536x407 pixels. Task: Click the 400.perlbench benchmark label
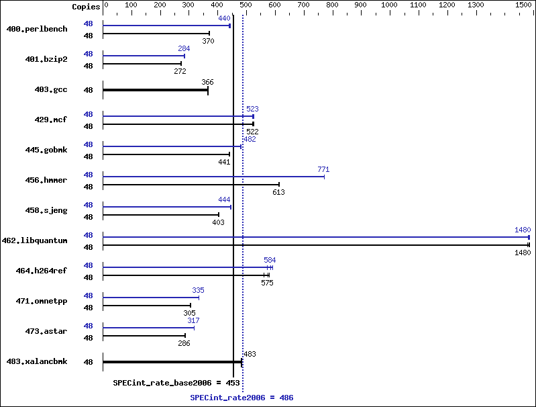click(37, 29)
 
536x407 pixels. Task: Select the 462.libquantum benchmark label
click(34, 240)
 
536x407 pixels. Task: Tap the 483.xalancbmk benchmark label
click(37, 361)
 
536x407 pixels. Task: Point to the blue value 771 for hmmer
click(323, 169)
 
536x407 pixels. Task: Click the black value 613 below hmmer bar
click(278, 192)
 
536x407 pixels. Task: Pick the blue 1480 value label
click(523, 230)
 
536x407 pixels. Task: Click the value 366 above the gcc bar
click(207, 82)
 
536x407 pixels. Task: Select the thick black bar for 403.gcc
click(156, 90)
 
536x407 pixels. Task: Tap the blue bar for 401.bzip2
click(144, 56)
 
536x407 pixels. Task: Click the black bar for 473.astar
click(144, 336)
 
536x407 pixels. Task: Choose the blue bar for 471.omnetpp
click(151, 298)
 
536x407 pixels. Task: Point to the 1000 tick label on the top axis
click(389, 5)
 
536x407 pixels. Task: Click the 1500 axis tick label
click(523, 5)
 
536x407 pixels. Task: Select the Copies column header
click(86, 7)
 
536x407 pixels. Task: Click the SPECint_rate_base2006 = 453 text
click(176, 383)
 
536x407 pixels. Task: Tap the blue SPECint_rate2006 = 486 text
click(242, 398)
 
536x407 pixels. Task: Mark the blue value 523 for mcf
click(252, 109)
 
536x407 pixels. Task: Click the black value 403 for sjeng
click(218, 222)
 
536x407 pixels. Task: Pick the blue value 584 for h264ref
click(270, 260)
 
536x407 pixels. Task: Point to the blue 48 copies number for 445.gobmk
click(88, 144)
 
